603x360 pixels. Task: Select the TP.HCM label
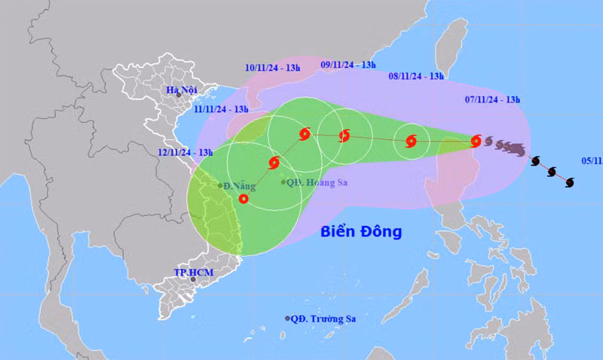coord(190,270)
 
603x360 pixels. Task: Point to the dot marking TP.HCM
coord(193,279)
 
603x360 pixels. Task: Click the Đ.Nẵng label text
coord(237,185)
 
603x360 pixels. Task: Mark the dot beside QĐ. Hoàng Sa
coord(283,182)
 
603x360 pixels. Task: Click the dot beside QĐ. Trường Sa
coord(288,319)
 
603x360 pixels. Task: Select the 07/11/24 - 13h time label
coord(492,100)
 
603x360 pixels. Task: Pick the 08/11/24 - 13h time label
coord(416,76)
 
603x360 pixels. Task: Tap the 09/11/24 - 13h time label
coord(347,65)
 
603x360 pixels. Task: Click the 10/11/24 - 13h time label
coord(273,68)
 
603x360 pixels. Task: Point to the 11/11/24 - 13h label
coord(221,109)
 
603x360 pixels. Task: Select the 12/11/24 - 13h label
coord(185,152)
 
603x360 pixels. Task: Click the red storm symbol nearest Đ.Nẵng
coord(243,199)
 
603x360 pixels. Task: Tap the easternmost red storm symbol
coord(476,140)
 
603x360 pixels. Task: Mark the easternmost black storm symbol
coord(570,182)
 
